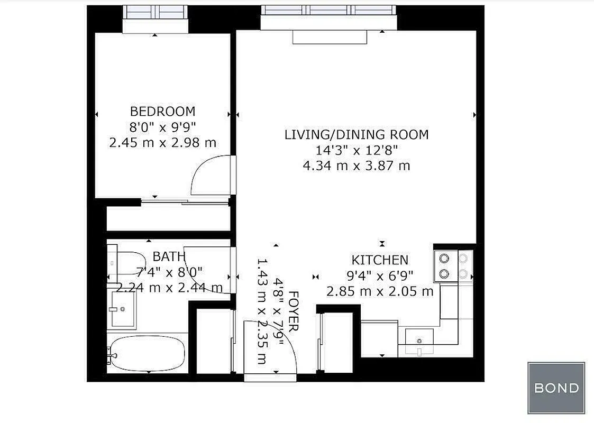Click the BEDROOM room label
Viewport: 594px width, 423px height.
pyautogui.click(x=162, y=112)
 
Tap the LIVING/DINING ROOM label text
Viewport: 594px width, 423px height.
pyautogui.click(x=356, y=134)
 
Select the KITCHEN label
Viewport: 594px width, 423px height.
pyautogui.click(x=380, y=260)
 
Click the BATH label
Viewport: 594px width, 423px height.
pyautogui.click(x=169, y=257)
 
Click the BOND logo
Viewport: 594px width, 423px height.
pyautogui.click(x=556, y=388)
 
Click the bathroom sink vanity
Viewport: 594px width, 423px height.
pyautogui.click(x=123, y=309)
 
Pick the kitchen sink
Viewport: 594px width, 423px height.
pyautogui.click(x=419, y=339)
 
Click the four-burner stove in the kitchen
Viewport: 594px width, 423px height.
pyautogui.click(x=453, y=266)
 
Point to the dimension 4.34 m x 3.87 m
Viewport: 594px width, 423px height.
pyautogui.click(x=356, y=166)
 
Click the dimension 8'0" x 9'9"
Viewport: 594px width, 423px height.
pyautogui.click(x=162, y=127)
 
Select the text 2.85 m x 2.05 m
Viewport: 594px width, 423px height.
pyautogui.click(x=380, y=291)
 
